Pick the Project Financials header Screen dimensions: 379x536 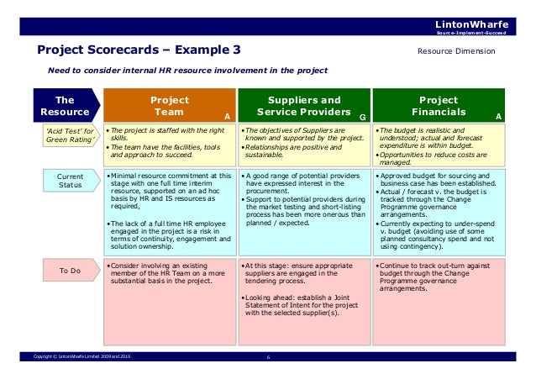[x=439, y=105]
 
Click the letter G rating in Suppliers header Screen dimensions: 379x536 [x=362, y=117]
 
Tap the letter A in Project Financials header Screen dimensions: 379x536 [x=498, y=117]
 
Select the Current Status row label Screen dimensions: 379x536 [x=70, y=179]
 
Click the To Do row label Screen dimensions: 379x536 [x=70, y=271]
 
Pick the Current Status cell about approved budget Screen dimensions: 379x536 [x=439, y=210]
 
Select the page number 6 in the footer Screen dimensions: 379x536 [x=267, y=360]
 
